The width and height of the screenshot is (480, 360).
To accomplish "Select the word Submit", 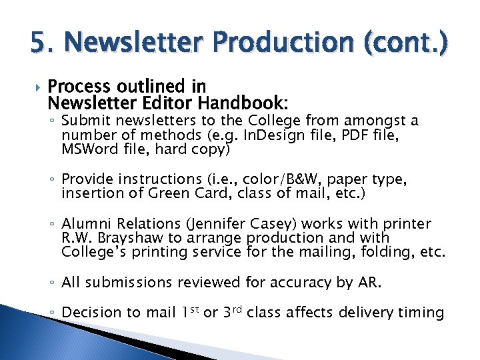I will click(x=84, y=121).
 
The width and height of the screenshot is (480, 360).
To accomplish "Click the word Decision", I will click(x=91, y=312).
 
